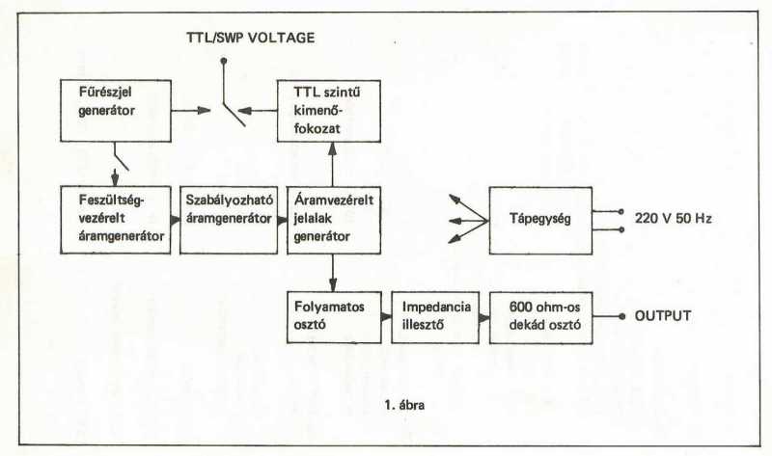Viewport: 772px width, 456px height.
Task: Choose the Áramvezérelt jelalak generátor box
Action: [331, 219]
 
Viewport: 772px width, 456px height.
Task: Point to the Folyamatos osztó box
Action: [331, 315]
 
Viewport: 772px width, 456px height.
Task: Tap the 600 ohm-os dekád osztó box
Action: [540, 315]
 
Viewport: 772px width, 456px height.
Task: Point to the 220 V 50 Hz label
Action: [674, 220]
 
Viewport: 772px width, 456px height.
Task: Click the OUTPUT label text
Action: [666, 316]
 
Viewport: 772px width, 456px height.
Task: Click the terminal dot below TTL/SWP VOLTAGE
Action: [224, 61]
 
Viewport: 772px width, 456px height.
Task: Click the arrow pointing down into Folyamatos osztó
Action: [331, 281]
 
